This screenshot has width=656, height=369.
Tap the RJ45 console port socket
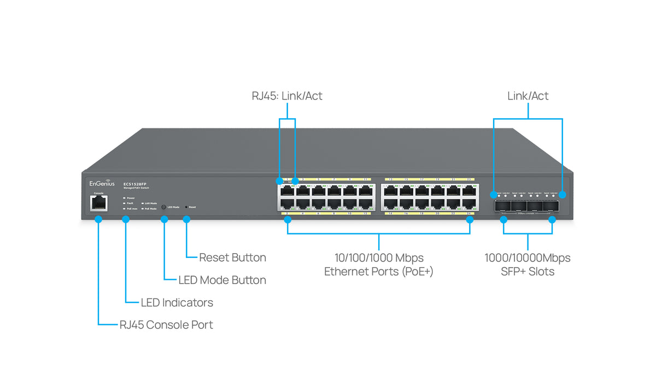[99, 203]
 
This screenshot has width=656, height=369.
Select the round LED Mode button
[164, 207]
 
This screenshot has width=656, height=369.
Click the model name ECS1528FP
[134, 184]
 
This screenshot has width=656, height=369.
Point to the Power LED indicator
[125, 198]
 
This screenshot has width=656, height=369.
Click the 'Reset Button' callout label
[232, 257]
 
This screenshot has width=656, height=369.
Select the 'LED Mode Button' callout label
[222, 280]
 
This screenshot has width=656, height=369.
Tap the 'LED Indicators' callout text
[177, 302]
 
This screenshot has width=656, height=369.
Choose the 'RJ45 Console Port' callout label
[166, 325]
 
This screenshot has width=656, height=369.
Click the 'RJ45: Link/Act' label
[287, 96]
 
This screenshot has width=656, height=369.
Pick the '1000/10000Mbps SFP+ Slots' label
[528, 264]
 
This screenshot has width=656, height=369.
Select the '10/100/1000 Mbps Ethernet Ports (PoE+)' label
[379, 264]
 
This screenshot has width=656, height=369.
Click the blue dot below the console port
[99, 219]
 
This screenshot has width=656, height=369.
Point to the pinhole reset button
[186, 207]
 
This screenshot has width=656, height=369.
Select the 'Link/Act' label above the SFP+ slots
[528, 96]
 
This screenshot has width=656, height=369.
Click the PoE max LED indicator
[125, 208]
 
